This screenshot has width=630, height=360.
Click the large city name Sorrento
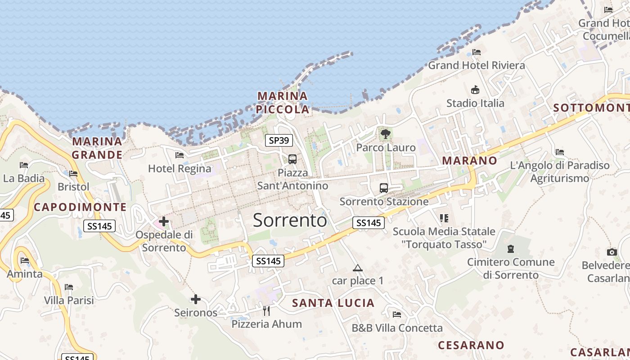[290, 220]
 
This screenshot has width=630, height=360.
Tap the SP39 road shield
[279, 140]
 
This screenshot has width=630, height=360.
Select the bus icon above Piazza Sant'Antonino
[292, 159]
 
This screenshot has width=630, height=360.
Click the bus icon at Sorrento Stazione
[383, 188]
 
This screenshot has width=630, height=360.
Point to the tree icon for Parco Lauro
[385, 134]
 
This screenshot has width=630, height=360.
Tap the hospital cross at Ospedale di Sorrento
[164, 221]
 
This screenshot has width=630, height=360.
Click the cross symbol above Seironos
[196, 299]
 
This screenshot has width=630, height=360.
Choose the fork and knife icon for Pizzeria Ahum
[266, 310]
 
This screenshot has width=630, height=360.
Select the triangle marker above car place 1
[358, 268]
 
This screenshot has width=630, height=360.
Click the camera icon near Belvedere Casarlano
[612, 252]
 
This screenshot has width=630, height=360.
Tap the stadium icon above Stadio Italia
[475, 90]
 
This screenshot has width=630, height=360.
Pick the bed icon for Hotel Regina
[180, 155]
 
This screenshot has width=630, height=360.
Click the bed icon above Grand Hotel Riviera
[477, 52]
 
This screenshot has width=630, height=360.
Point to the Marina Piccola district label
[283, 103]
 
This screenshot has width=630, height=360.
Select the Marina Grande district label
[97, 148]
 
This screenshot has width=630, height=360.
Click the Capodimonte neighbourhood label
[80, 207]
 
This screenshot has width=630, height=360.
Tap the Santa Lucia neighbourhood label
[333, 303]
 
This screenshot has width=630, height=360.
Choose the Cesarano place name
[471, 345]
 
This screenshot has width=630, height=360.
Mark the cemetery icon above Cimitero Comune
[510, 248]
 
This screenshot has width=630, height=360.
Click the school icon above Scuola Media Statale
[444, 218]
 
